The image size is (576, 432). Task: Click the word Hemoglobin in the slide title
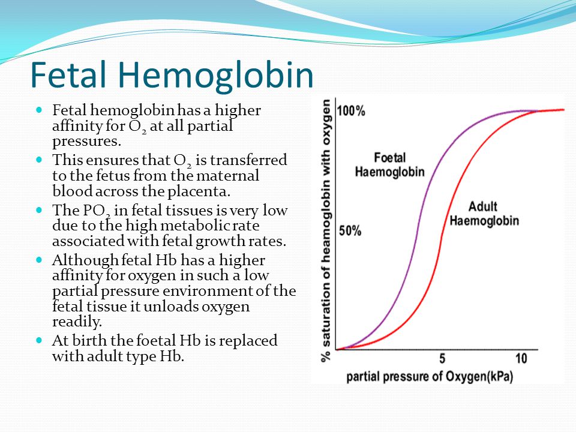215,75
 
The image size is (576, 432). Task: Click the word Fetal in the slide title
68,74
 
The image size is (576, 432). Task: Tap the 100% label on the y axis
351,110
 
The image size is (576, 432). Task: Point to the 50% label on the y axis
350,230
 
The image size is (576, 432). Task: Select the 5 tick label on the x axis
442,358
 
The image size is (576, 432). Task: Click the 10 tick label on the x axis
521,358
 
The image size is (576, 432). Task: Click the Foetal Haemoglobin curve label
390,164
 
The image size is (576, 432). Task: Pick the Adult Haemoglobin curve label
484,214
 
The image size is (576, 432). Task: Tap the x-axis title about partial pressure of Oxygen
430,377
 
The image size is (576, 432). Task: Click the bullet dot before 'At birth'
40,340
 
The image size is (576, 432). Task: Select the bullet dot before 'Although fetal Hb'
40,260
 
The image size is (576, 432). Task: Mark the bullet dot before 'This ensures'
40,160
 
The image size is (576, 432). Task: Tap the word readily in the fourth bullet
77,322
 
